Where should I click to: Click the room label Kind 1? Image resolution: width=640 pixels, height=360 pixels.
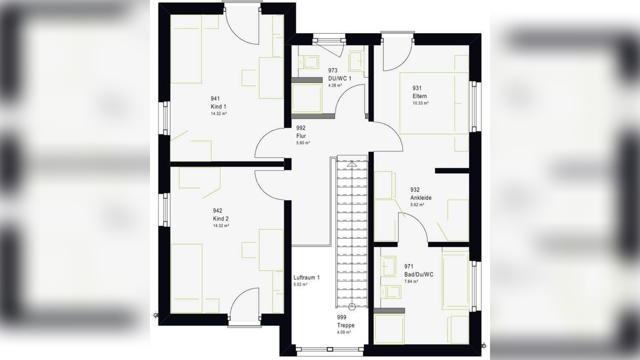tap(218, 107)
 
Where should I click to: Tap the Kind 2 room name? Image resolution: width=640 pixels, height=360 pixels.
tap(221, 219)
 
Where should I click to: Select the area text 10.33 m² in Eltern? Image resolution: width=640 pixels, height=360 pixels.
tap(420, 103)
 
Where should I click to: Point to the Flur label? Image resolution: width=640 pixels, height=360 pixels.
tap(301, 136)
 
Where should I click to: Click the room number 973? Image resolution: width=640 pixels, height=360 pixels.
tap(333, 70)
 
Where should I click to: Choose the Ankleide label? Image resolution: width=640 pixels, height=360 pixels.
tap(421, 198)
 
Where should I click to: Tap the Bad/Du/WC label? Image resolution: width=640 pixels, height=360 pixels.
tap(419, 275)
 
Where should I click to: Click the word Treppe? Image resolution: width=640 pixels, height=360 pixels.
tap(346, 325)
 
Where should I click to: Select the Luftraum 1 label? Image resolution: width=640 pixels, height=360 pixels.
tap(306, 278)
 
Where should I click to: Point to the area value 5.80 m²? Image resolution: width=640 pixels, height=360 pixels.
tap(303, 142)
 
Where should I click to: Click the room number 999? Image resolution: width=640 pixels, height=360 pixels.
tap(341, 317)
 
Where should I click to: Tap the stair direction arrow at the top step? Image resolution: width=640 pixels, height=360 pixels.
tap(352, 164)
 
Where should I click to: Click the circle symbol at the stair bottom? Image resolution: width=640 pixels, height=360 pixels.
tap(352, 307)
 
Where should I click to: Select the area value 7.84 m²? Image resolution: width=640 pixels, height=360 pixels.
tap(411, 281)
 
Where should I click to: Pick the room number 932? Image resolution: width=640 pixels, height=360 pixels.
tap(415, 190)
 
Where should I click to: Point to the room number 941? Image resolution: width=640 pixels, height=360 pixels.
tap(215, 99)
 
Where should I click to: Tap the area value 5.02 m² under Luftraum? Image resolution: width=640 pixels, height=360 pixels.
tap(300, 284)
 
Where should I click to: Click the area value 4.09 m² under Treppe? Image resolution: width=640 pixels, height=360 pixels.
tap(344, 332)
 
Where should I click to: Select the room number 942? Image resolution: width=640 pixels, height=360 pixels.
tap(218, 211)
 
